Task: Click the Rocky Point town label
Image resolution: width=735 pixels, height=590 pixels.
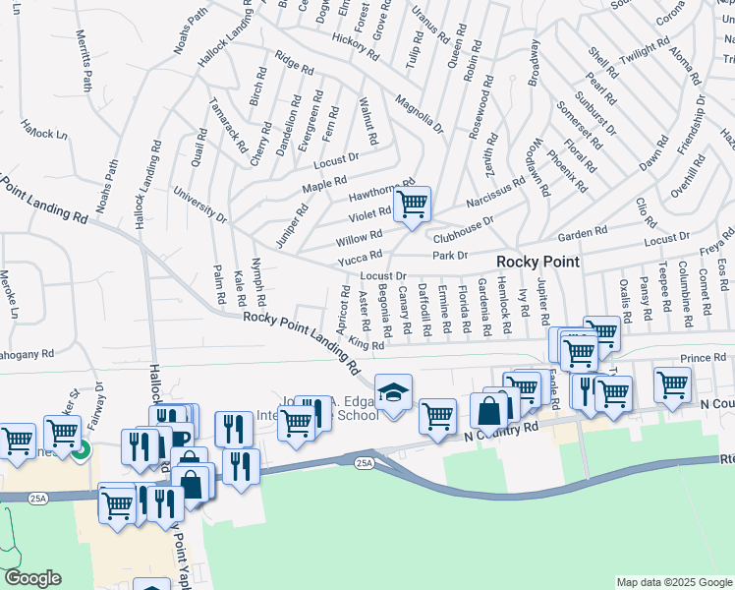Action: tap(537, 262)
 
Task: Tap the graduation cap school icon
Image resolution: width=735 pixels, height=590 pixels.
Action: tap(393, 393)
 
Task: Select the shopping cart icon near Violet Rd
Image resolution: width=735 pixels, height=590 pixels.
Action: tap(413, 205)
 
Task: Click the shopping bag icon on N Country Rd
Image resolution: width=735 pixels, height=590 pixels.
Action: tap(488, 411)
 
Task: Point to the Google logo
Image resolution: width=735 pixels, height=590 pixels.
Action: tap(32, 578)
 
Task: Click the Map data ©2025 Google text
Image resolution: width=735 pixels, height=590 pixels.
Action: tap(674, 582)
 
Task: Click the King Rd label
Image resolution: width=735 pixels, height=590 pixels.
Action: tap(365, 345)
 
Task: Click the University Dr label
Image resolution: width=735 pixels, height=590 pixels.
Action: tap(200, 204)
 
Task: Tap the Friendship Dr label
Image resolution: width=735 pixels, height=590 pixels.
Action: tap(691, 124)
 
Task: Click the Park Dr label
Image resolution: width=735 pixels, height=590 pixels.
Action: tap(448, 256)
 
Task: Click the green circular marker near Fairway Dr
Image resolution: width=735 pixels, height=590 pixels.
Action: tap(82, 450)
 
